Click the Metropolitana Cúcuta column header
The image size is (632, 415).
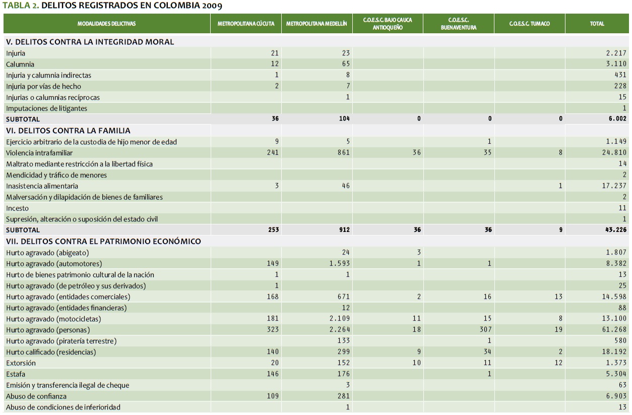246,24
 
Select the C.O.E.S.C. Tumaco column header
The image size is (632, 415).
529,24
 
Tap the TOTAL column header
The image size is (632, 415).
597,24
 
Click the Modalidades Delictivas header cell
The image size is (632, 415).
106,24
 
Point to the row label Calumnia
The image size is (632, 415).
20,64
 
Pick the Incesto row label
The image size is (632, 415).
17,208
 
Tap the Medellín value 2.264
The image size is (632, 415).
340,330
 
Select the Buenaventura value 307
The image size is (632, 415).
485,330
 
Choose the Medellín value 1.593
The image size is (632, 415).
340,264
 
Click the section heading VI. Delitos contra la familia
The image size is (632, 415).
68,131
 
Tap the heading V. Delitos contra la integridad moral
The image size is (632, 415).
90,42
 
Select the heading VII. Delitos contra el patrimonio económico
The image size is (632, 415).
103,242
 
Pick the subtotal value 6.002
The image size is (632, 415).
616,119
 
